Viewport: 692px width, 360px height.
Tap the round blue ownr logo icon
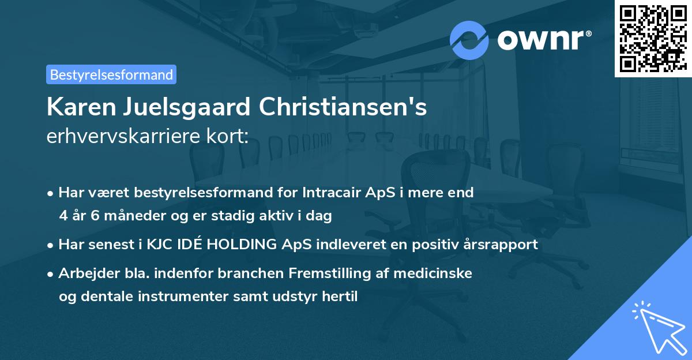point(469,40)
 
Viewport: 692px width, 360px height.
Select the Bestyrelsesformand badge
point(111,74)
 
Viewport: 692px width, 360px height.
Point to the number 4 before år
point(63,216)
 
